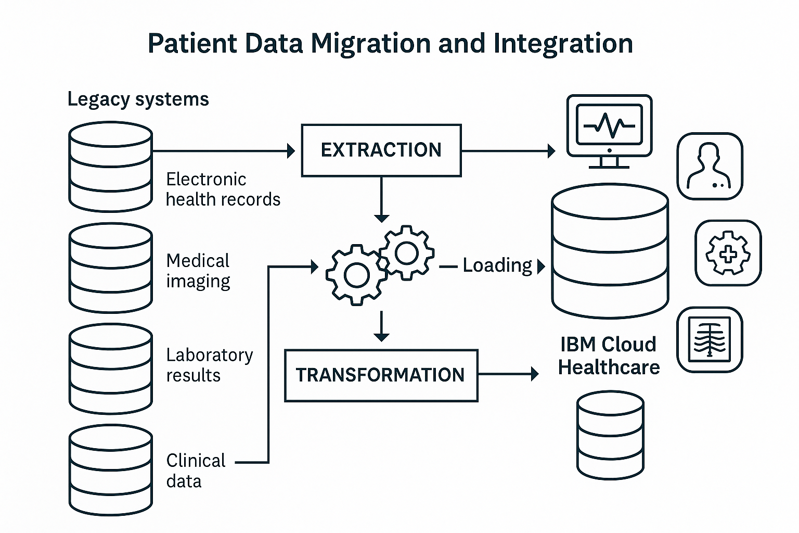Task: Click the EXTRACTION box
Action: pos(381,150)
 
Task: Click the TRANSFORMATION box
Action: pos(381,375)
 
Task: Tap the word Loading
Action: pos(497,265)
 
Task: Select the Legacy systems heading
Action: pos(138,99)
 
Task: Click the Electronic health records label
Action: pos(223,189)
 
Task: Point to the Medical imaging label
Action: pos(198,271)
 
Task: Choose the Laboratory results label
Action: pos(209,365)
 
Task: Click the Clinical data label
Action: pos(196,471)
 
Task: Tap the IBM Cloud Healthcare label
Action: pos(609,356)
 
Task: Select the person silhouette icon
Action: pos(710,166)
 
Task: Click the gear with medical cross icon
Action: pos(728,253)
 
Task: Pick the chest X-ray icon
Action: pos(710,340)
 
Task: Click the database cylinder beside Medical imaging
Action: pos(111,268)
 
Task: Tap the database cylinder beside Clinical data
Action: pos(111,470)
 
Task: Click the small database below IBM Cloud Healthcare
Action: pos(610,435)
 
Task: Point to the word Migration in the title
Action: pos(370,43)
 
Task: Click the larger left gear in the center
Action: pos(356,275)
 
